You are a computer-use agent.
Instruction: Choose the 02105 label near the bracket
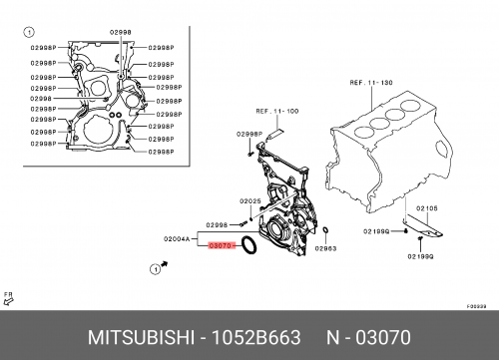427,208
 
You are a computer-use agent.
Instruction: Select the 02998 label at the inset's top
119,32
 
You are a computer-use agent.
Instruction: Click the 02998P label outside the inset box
249,132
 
